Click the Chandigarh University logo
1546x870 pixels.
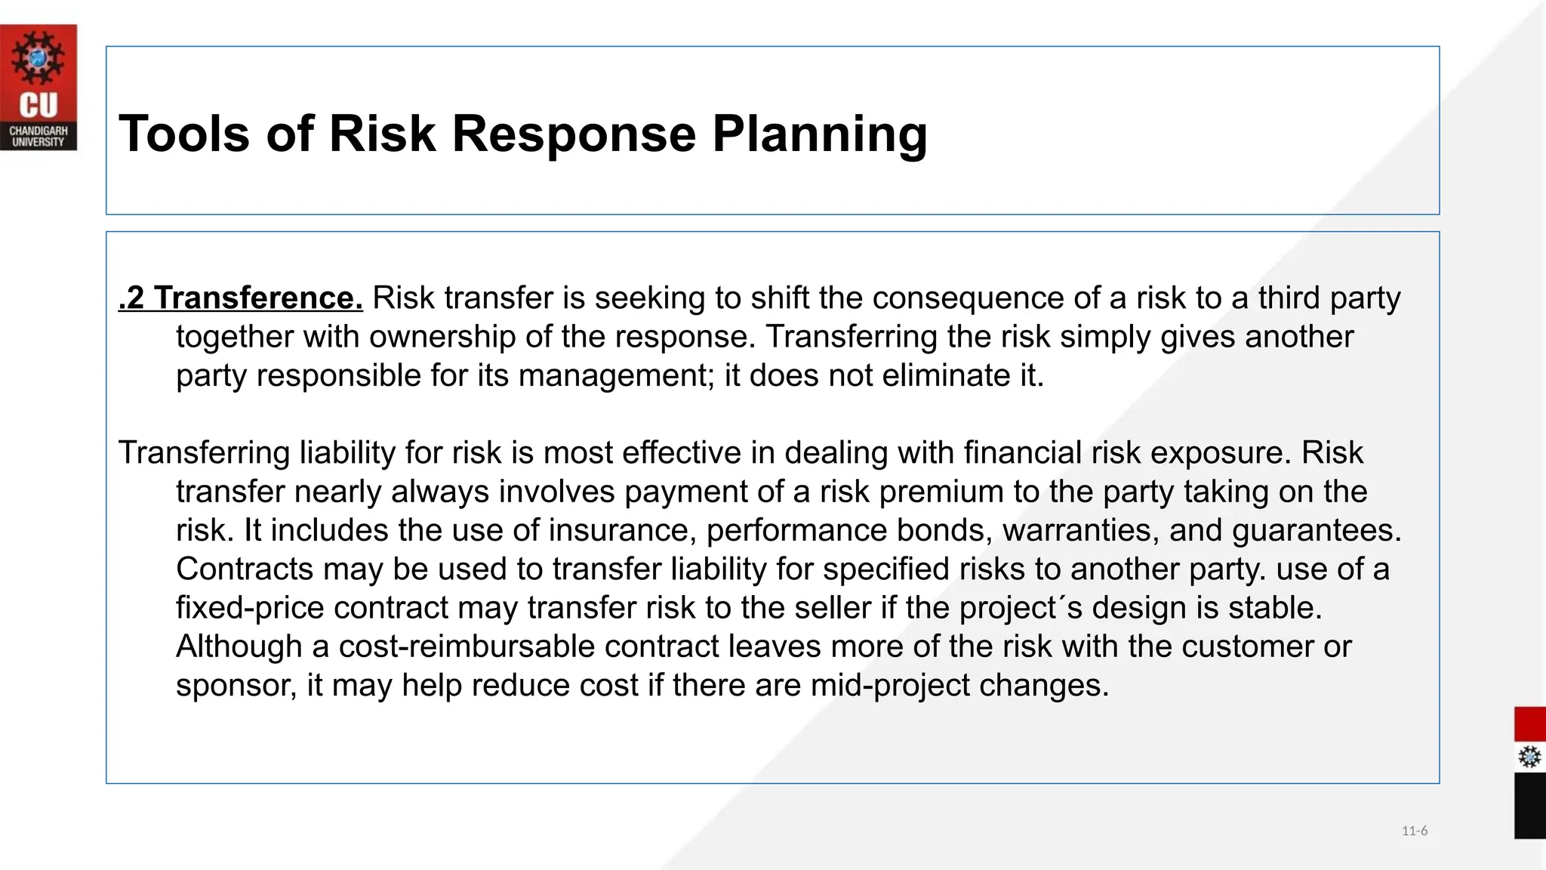[38, 87]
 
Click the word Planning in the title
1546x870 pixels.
[820, 134]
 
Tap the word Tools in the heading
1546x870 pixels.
[183, 134]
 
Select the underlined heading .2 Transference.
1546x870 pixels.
[241, 298]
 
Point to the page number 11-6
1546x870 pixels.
[1414, 831]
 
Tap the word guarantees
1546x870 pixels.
[1317, 530]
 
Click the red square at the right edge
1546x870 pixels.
[1529, 724]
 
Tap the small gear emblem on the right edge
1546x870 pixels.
[1529, 757]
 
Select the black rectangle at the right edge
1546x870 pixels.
[1529, 805]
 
